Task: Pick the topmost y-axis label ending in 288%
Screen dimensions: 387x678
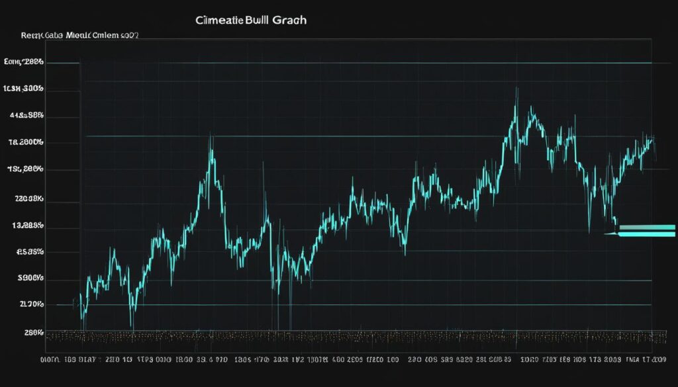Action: [24, 62]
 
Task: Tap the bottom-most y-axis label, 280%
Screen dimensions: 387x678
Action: [33, 333]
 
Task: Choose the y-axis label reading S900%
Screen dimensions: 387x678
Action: [30, 279]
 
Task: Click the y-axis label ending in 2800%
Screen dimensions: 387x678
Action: [26, 142]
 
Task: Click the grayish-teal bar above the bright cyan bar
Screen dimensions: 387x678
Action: [648, 228]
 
